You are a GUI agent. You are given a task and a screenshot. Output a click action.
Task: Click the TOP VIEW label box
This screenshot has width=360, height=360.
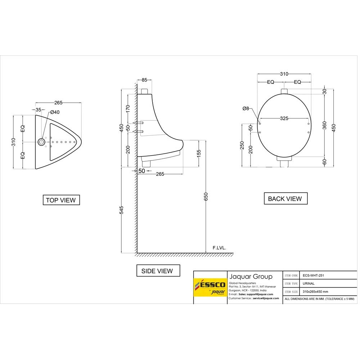61,200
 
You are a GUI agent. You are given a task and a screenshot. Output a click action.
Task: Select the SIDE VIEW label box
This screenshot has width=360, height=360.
158,271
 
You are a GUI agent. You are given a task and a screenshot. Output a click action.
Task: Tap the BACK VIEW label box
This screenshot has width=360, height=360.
285,198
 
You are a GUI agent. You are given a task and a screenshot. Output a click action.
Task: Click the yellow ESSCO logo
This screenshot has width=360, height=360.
210,287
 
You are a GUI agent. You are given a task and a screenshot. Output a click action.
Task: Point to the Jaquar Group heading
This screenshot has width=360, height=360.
251,276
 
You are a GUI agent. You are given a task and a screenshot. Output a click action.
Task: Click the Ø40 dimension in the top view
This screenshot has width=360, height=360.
55,112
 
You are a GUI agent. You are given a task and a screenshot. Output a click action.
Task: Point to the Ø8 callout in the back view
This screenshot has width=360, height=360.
246,108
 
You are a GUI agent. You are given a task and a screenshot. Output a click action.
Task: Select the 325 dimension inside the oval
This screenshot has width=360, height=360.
284,118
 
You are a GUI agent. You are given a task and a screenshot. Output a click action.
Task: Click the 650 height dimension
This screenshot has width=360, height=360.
206,197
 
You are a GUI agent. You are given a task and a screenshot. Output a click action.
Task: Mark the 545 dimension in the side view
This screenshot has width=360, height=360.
122,210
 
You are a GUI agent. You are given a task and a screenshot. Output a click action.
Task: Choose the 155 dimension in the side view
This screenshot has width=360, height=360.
199,154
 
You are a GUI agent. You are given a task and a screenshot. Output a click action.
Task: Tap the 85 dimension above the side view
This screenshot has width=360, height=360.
144,80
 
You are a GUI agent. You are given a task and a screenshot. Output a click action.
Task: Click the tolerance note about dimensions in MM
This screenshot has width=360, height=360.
319,299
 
